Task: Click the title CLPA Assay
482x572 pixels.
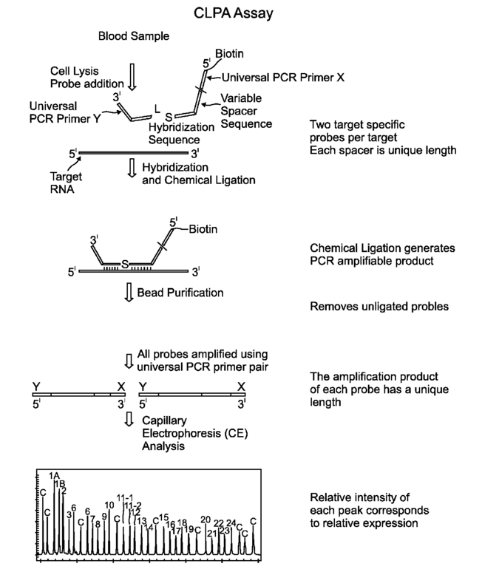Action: pyautogui.click(x=240, y=13)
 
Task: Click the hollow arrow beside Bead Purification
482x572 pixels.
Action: pyautogui.click(x=130, y=293)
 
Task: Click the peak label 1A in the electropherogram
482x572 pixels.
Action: pyautogui.click(x=54, y=475)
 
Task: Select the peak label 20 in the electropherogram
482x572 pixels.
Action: pyautogui.click(x=206, y=520)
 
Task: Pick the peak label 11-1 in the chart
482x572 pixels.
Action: pyautogui.click(x=125, y=497)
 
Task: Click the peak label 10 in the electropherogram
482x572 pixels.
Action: pyautogui.click(x=109, y=505)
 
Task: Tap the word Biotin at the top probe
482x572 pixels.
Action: pyautogui.click(x=228, y=53)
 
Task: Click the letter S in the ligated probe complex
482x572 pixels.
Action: pyautogui.click(x=126, y=263)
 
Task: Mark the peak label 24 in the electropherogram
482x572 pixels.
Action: pyautogui.click(x=231, y=523)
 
